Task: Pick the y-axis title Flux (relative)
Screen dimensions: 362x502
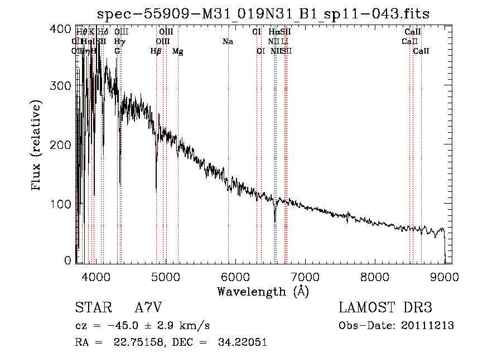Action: coord(37,146)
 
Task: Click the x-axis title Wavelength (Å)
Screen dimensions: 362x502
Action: coord(263,291)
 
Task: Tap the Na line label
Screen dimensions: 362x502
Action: coord(228,42)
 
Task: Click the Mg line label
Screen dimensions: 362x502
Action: coord(177,51)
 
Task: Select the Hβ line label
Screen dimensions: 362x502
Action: coord(156,51)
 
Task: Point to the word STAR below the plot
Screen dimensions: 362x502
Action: coord(92,308)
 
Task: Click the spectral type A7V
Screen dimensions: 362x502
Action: coord(148,308)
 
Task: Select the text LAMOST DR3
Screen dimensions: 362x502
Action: coord(385,308)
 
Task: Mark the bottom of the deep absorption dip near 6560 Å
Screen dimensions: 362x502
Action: coord(275,221)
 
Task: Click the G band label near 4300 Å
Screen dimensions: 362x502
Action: coord(117,51)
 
